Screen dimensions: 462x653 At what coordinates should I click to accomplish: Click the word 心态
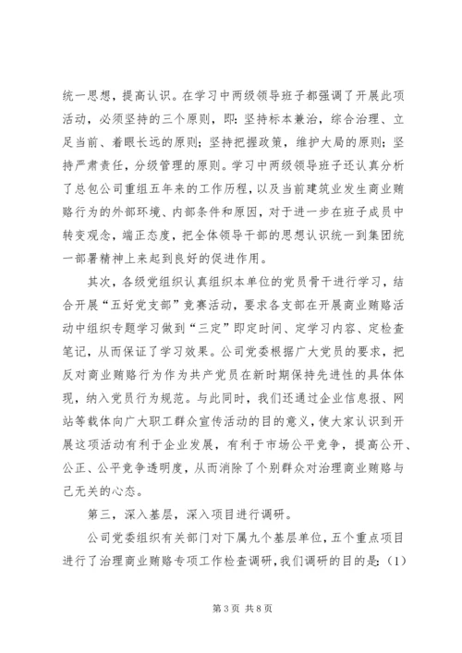click(x=122, y=502)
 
